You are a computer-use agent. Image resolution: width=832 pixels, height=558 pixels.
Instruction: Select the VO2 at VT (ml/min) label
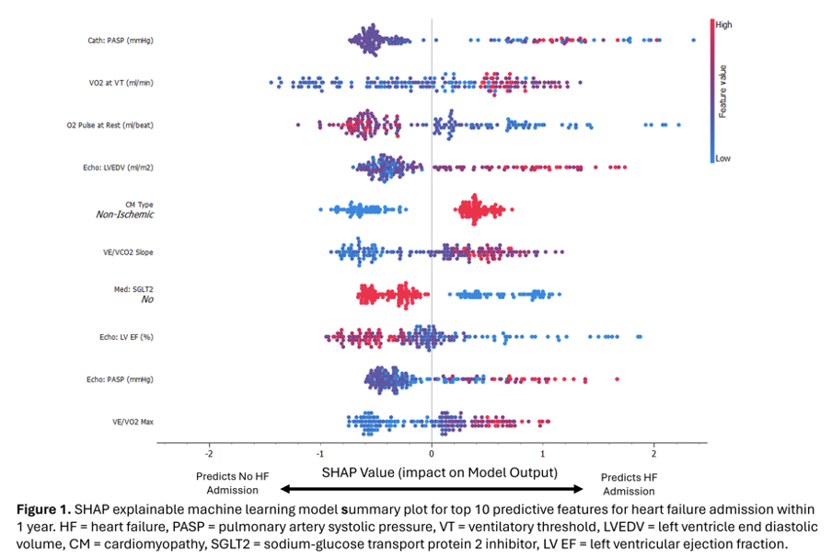pyautogui.click(x=115, y=83)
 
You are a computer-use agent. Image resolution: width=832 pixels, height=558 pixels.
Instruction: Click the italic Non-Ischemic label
pyautogui.click(x=124, y=215)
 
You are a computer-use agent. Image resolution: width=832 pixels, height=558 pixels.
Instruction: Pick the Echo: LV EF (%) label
pyautogui.click(x=125, y=337)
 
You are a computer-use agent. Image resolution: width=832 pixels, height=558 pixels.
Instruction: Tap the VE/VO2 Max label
pyautogui.click(x=133, y=422)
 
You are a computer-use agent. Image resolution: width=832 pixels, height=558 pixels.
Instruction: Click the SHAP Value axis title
pyautogui.click(x=439, y=472)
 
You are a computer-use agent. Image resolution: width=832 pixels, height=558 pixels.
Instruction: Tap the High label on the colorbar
pyautogui.click(x=723, y=26)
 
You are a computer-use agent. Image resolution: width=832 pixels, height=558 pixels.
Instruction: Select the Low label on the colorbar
pyautogui.click(x=722, y=158)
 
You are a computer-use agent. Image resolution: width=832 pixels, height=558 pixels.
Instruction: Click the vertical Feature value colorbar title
pyautogui.click(x=724, y=92)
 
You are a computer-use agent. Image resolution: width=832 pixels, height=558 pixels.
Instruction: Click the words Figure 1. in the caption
pyautogui.click(x=42, y=510)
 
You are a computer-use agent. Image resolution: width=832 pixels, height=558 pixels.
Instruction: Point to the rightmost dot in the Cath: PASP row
pyautogui.click(x=693, y=40)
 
